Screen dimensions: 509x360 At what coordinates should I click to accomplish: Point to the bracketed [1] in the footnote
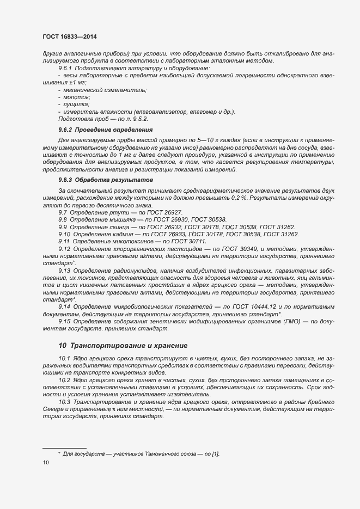(215, 453)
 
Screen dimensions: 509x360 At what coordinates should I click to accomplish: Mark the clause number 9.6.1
(66, 68)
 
